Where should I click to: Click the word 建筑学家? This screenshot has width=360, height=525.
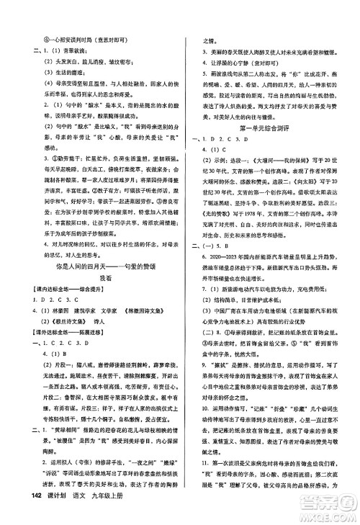[81, 310]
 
